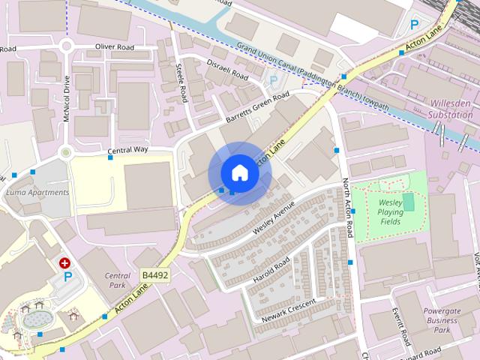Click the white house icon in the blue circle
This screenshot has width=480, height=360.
pyautogui.click(x=240, y=172)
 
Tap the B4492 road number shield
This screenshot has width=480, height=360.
pyautogui.click(x=155, y=276)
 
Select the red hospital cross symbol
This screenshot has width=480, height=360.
pyautogui.click(x=65, y=263)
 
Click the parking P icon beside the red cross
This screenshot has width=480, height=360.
pyautogui.click(x=67, y=277)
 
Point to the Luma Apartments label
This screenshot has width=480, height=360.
pyautogui.click(x=37, y=193)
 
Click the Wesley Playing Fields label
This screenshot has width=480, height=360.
pyautogui.click(x=390, y=212)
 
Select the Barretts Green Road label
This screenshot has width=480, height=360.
pyautogui.click(x=256, y=109)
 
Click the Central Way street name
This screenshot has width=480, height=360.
pyautogui.click(x=127, y=150)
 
